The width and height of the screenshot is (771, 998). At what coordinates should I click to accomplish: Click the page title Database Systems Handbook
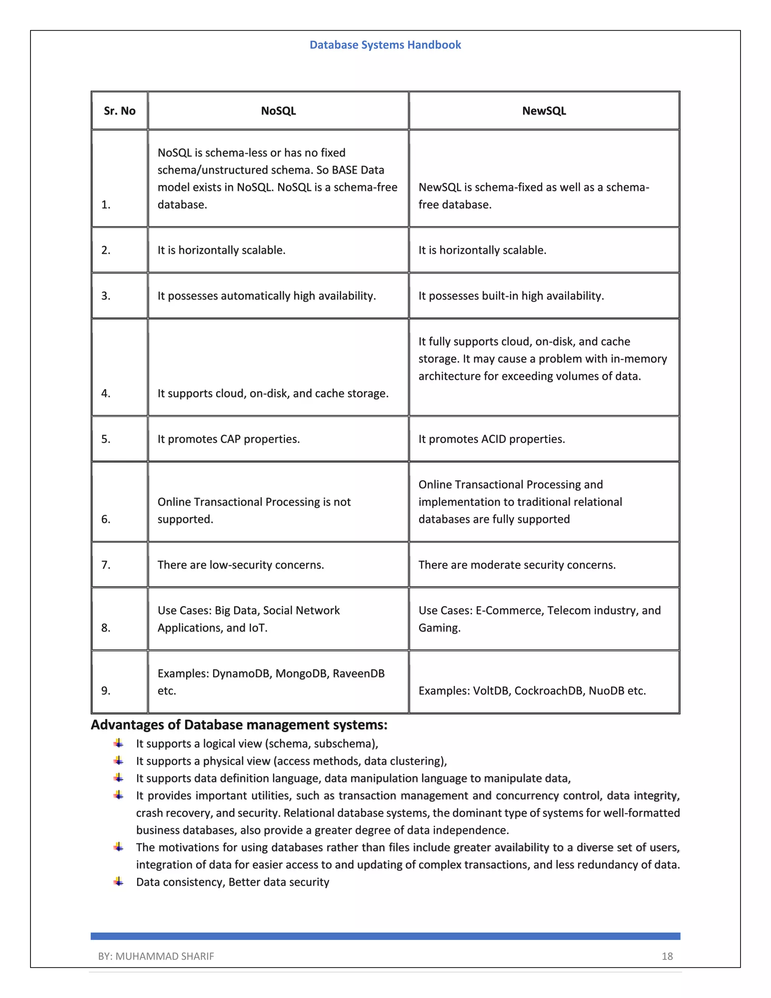point(385,45)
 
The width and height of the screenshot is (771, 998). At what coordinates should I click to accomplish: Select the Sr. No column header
point(119,111)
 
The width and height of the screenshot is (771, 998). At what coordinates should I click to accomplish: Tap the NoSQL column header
point(278,111)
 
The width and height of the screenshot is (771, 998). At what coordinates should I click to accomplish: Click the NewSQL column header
point(544,111)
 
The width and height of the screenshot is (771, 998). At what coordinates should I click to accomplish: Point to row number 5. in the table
point(106,439)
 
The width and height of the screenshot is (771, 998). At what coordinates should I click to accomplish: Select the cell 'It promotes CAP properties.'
point(229,439)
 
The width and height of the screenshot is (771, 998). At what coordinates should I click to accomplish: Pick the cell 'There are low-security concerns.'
point(241,565)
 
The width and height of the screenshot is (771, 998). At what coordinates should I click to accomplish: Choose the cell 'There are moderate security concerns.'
point(517,565)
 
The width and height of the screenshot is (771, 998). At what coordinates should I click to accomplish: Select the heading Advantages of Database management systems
point(239,725)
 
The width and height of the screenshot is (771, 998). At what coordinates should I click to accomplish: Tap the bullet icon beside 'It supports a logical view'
point(119,743)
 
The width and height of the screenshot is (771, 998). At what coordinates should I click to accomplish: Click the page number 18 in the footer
point(667,957)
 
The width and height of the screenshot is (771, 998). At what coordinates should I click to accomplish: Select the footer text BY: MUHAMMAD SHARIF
point(156,957)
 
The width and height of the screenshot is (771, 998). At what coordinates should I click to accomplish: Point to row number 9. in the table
point(106,691)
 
